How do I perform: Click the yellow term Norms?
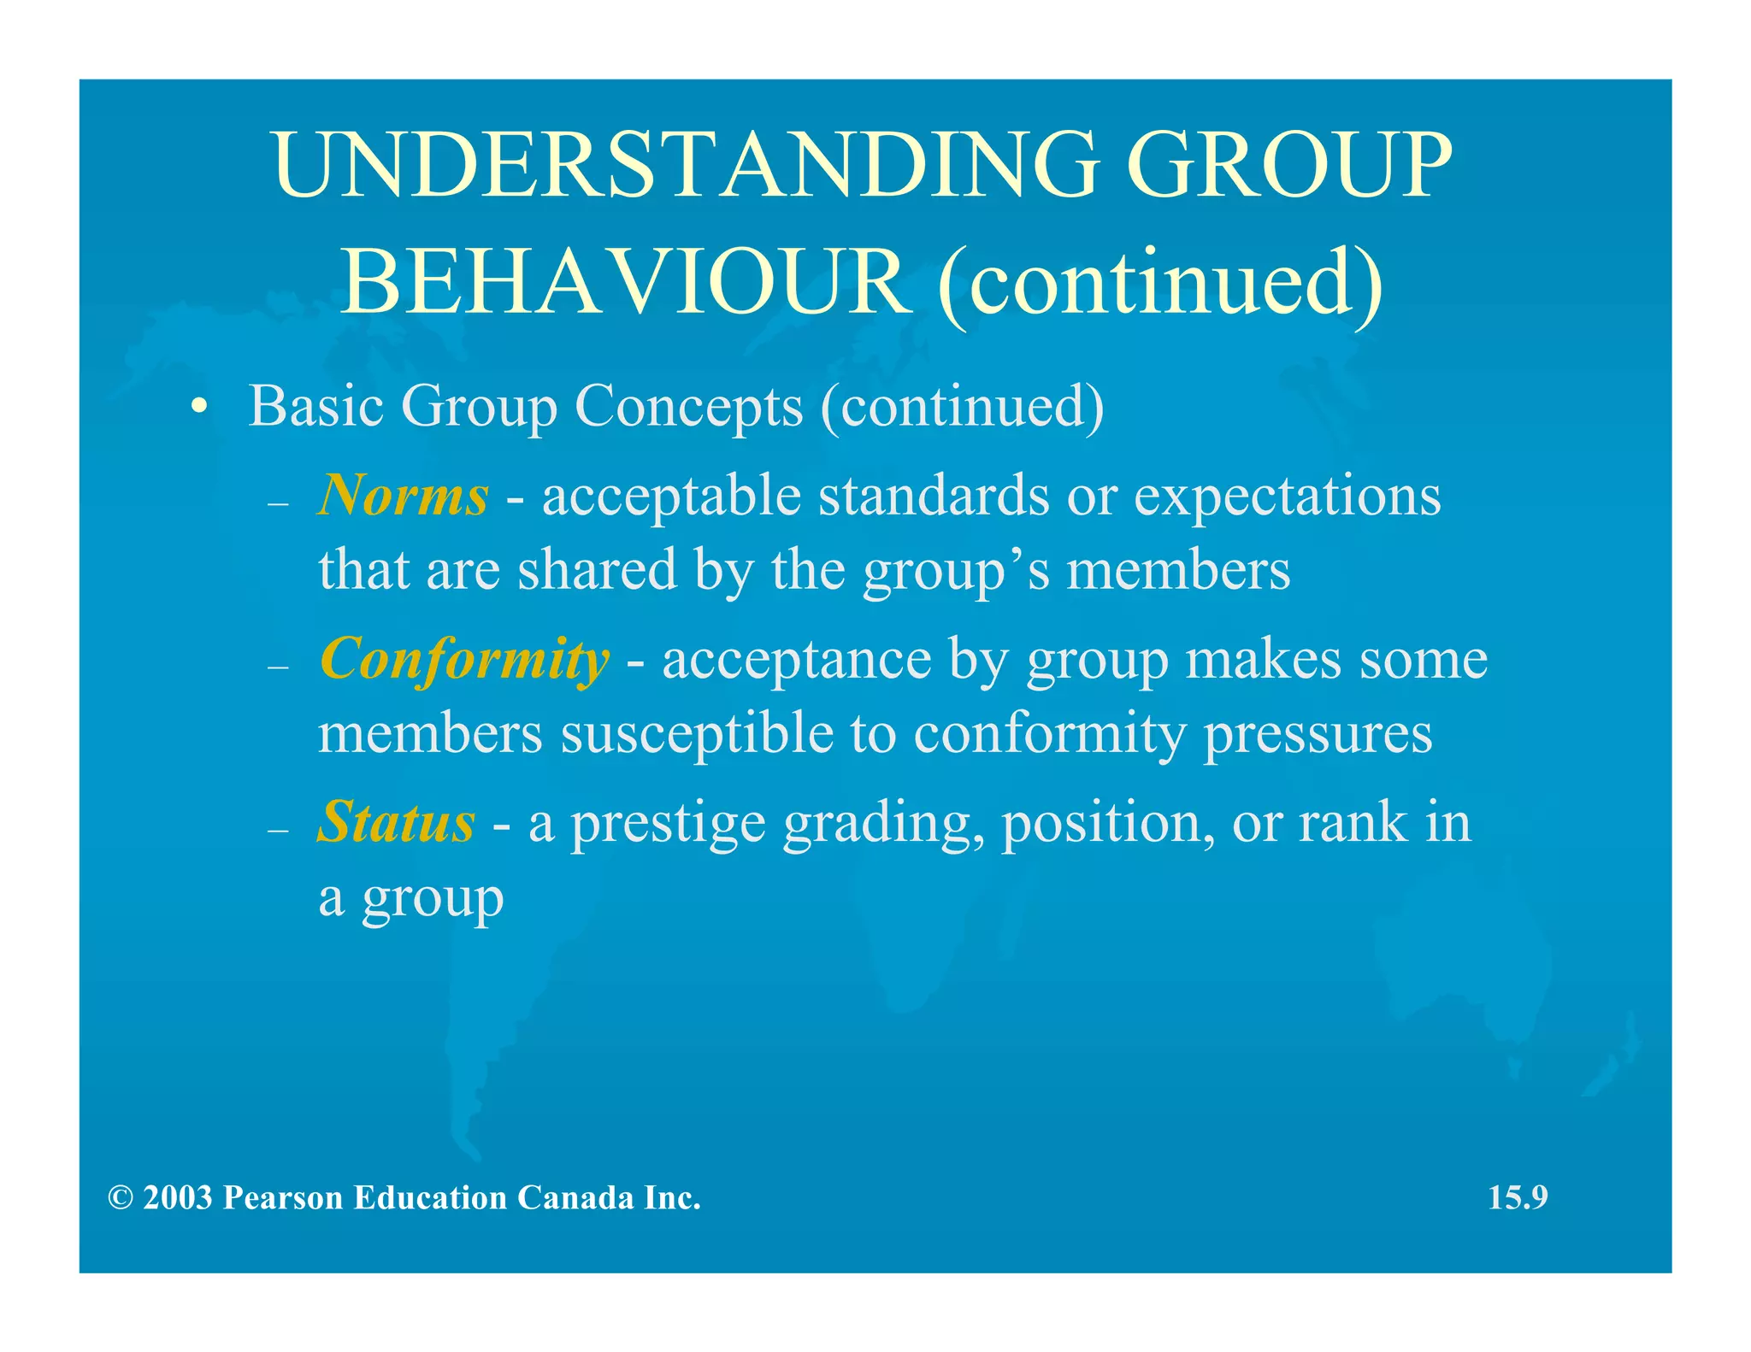click(403, 496)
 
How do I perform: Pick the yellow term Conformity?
click(464, 660)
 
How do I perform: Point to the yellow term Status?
click(396, 822)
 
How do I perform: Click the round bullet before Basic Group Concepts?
click(198, 408)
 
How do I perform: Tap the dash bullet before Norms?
click(279, 503)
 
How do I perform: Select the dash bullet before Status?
click(279, 830)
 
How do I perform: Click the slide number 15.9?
click(1518, 1197)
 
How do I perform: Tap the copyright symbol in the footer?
click(121, 1198)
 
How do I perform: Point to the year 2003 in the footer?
click(178, 1197)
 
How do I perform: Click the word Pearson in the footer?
click(283, 1197)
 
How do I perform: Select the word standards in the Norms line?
click(933, 496)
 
